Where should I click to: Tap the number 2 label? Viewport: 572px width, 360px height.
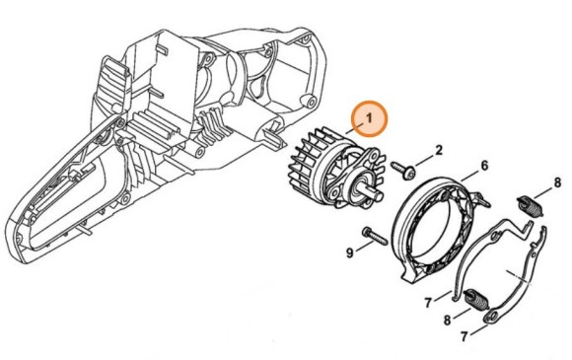[438, 150]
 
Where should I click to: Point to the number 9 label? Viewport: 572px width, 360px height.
[348, 253]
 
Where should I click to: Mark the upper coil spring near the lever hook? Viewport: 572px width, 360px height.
[530, 208]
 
